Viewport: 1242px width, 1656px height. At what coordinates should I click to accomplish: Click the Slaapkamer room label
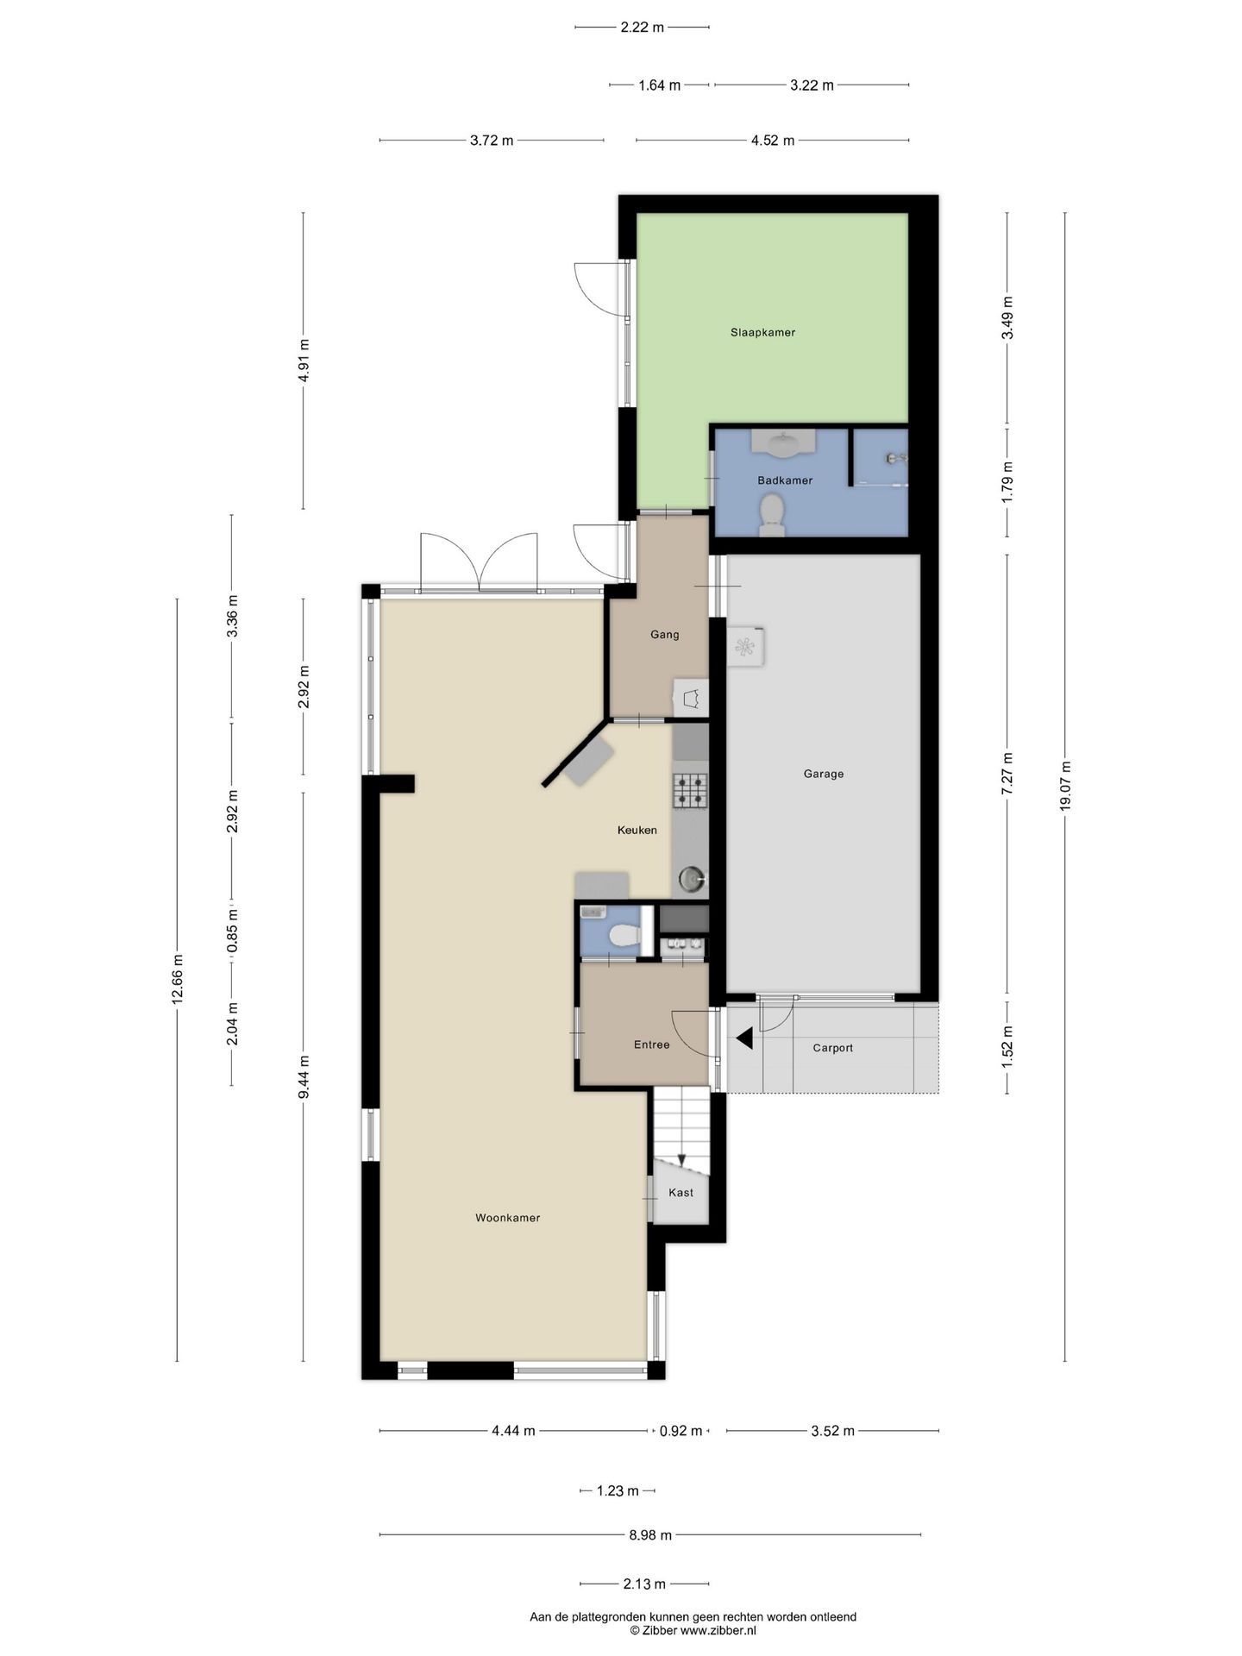tap(762, 332)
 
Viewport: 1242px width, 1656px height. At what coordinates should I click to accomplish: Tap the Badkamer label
tap(785, 480)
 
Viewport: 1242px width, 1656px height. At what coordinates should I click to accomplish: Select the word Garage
tap(824, 774)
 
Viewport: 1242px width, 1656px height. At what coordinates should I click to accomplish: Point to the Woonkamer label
tap(507, 1218)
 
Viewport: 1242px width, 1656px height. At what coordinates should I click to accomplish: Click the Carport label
tap(832, 1048)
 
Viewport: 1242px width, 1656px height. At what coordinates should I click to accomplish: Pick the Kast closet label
tap(681, 1193)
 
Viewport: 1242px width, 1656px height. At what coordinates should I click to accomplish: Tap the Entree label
tap(651, 1044)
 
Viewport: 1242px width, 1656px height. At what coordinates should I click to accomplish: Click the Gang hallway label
tap(664, 635)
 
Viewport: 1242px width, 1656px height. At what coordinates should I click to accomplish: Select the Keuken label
tap(637, 831)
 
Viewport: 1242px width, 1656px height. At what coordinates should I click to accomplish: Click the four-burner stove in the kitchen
tap(690, 790)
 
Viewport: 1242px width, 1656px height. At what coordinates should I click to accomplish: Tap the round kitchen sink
tap(692, 879)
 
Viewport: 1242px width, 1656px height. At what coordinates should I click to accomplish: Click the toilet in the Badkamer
tap(770, 514)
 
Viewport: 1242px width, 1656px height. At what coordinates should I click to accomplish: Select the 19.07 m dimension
tap(1065, 786)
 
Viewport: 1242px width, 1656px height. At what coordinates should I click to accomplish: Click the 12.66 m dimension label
tap(177, 979)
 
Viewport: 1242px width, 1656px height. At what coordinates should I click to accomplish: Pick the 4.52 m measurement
tap(772, 141)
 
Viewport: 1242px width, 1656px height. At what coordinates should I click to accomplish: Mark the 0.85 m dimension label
tap(232, 931)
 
